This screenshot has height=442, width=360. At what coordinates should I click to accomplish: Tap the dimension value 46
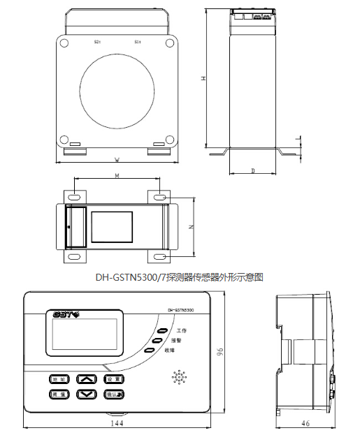pyautogui.click(x=305, y=423)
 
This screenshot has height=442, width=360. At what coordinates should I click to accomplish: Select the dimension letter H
pyautogui.click(x=202, y=79)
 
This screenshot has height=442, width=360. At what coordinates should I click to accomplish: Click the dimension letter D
pyautogui.click(x=252, y=170)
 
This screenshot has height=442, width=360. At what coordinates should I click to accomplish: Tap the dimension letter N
pyautogui.click(x=190, y=227)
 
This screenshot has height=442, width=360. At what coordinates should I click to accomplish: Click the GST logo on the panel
pyautogui.click(x=66, y=314)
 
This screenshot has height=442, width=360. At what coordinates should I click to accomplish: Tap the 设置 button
pyautogui.click(x=113, y=379)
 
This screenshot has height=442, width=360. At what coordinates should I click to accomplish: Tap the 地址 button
pyautogui.click(x=58, y=379)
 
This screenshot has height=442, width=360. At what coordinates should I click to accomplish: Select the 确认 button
pyautogui.click(x=113, y=395)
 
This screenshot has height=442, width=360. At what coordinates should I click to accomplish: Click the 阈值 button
pyautogui.click(x=58, y=395)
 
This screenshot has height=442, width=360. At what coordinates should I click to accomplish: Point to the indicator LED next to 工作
pyautogui.click(x=162, y=330)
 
